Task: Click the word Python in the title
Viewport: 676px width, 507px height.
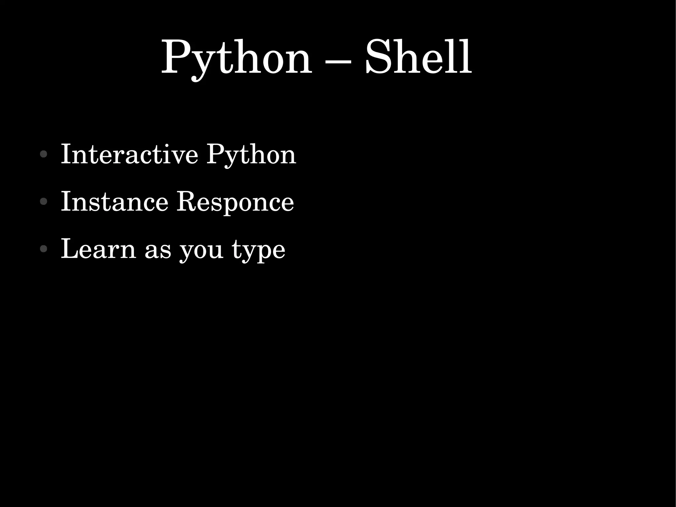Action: click(x=236, y=58)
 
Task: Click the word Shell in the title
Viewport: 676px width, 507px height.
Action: click(x=419, y=57)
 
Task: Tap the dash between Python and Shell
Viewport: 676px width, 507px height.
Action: click(x=338, y=61)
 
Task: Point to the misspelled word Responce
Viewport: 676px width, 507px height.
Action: click(x=235, y=202)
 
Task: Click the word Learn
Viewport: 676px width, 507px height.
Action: click(x=98, y=248)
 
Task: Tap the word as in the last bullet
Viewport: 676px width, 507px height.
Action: click(x=158, y=251)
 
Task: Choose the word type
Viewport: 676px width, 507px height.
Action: click(x=258, y=251)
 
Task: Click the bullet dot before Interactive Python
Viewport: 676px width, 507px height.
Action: click(x=43, y=154)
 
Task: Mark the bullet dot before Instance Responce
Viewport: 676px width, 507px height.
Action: click(x=43, y=201)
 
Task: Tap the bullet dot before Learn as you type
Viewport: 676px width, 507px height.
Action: click(x=43, y=249)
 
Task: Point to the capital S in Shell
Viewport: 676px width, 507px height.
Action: click(x=380, y=56)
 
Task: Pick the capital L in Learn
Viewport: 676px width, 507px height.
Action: click(x=71, y=248)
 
